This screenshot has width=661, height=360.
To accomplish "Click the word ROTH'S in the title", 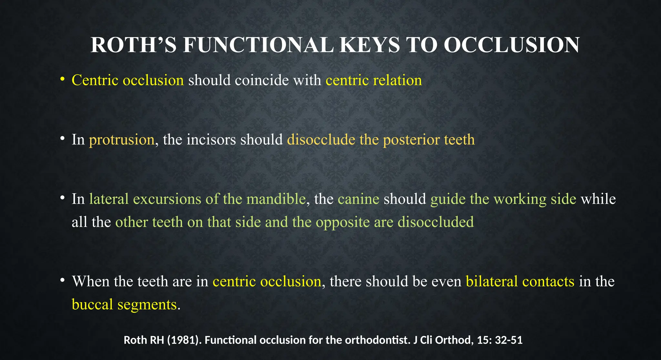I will coord(133,45).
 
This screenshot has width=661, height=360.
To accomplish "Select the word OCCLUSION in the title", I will coord(512,45).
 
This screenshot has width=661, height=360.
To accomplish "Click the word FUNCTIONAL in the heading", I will coord(258,45).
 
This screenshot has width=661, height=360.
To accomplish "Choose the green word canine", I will coord(358,199).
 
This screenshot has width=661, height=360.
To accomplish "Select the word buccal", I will coord(92,305).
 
